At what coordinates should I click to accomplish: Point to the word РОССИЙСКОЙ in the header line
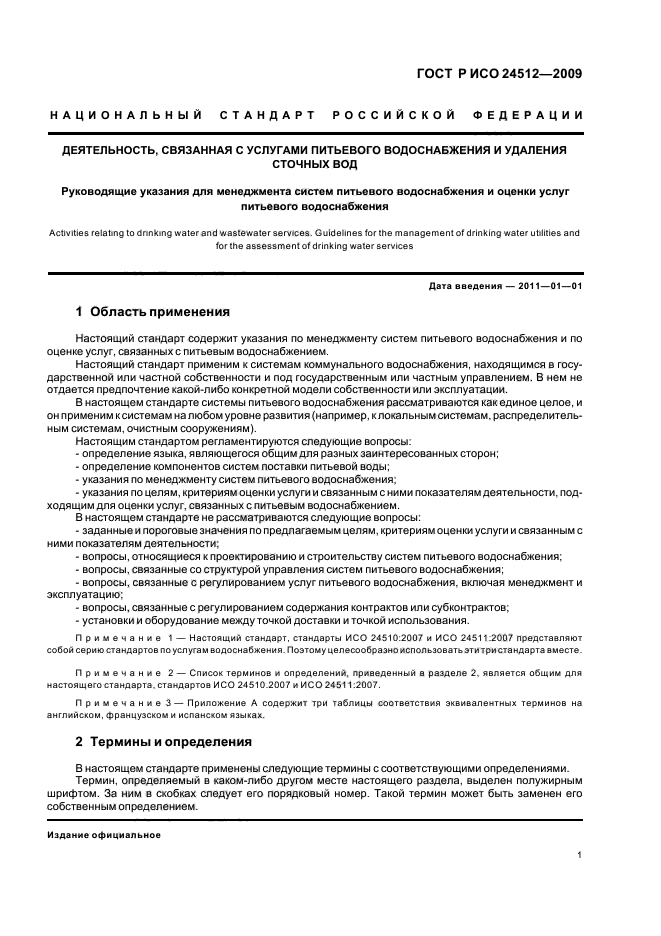(394, 116)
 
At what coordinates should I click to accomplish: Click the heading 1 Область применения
(153, 312)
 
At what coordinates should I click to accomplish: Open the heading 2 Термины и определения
(164, 741)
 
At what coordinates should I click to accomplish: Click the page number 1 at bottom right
(580, 855)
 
